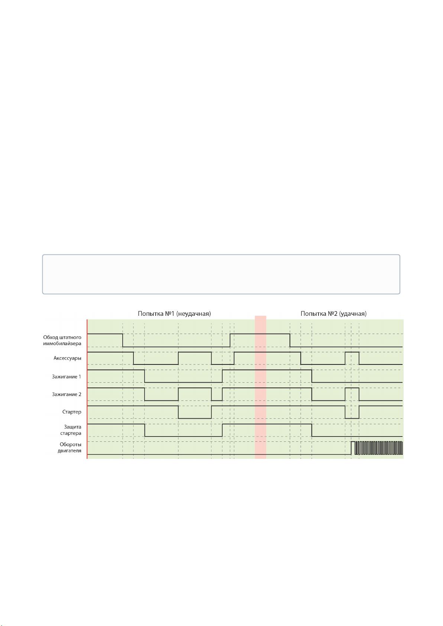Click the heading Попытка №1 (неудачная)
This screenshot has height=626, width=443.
click(x=174, y=314)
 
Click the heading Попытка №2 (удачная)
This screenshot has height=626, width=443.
click(x=333, y=314)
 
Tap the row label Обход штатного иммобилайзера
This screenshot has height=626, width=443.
click(x=62, y=340)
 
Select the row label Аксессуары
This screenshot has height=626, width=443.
click(x=67, y=358)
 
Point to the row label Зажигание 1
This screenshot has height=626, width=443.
click(x=66, y=376)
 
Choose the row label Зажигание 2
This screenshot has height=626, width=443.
click(x=66, y=394)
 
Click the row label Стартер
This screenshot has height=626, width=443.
click(x=72, y=412)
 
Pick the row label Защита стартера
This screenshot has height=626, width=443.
click(x=71, y=430)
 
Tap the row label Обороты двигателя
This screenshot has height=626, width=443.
click(x=69, y=447)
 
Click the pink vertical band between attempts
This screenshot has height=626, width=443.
click(x=260, y=387)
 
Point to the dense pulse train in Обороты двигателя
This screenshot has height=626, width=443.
click(x=379, y=448)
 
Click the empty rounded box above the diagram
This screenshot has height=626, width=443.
click(x=221, y=274)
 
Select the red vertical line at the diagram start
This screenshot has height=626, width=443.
click(x=87, y=389)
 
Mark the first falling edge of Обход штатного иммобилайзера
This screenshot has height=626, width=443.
click(x=123, y=340)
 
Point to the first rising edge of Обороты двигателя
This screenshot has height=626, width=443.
click(x=351, y=448)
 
